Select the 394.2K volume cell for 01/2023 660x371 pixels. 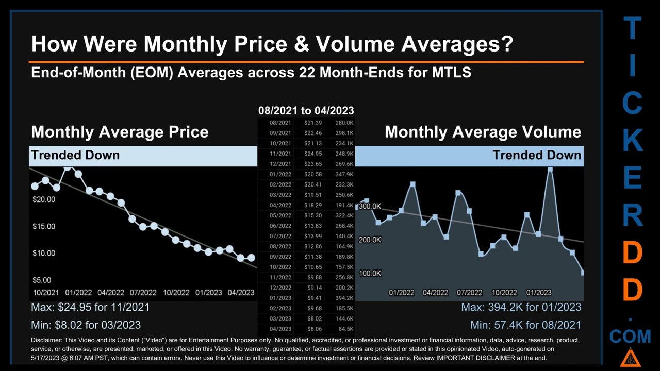tap(344, 298)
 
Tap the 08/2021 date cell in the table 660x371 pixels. tap(280, 123)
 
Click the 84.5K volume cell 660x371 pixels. tap(345, 329)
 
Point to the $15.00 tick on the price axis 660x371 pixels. tap(44, 226)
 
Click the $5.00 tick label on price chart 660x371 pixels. tap(42, 280)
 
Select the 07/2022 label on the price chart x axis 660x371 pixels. tap(143, 292)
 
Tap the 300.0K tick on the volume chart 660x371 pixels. tap(370, 206)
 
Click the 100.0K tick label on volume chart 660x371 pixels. tap(370, 273)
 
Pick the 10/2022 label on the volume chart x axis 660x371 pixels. tap(504, 292)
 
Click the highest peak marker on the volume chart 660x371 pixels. tap(550, 169)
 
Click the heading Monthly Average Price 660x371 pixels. tap(120, 132)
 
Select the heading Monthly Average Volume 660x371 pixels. tap(483, 132)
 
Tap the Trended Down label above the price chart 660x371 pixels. tap(75, 155)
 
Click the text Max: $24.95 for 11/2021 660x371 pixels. tap(90, 307)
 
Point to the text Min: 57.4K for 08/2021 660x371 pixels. tap(525, 325)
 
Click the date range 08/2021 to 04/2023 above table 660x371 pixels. tap(306, 110)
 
